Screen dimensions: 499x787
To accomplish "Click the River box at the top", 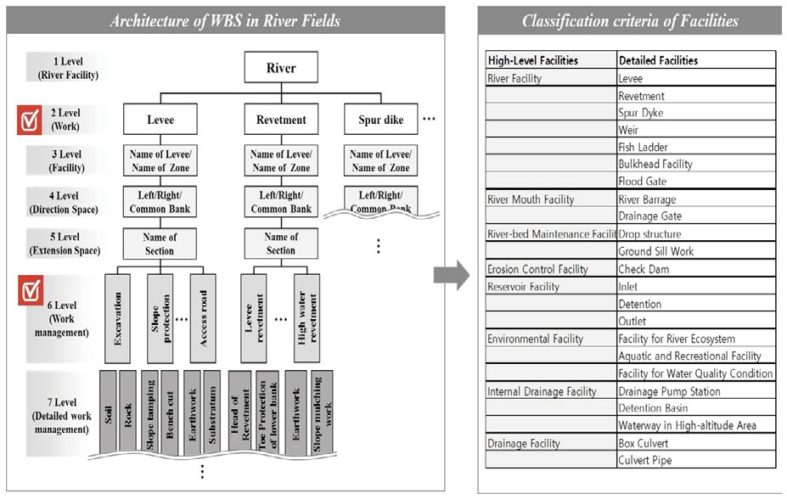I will pos(281,69).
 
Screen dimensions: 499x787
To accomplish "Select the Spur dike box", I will pos(381,120).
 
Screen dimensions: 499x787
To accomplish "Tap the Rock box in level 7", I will pos(128,409).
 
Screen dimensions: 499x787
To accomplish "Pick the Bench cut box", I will pos(170,409).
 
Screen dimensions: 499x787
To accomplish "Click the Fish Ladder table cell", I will pos(643,147).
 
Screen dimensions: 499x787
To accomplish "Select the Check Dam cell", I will pos(643,269).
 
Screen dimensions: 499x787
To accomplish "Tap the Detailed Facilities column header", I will pos(659,60).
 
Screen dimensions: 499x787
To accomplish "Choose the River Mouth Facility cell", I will pos(531,199).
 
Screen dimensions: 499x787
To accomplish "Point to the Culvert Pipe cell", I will pos(644,460).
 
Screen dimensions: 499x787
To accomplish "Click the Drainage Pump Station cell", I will pos(669,391).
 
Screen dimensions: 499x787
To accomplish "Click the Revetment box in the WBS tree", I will pos(281,120).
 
